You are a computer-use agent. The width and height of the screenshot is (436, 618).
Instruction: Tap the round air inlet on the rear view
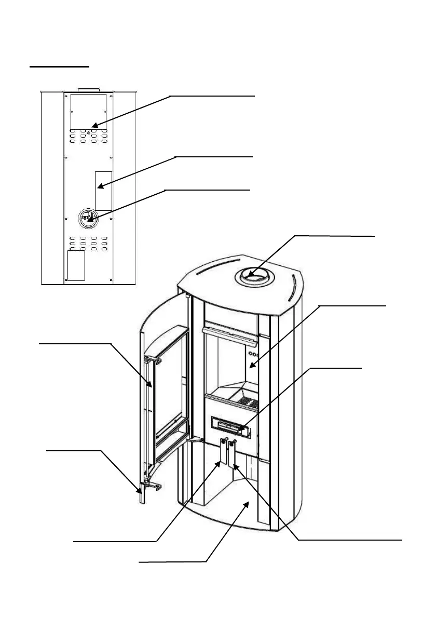click(88, 218)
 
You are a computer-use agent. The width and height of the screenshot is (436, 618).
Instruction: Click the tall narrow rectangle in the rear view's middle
click(103, 189)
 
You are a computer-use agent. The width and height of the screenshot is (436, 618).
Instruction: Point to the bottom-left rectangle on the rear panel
click(76, 266)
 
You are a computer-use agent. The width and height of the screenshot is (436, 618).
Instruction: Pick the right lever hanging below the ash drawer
click(232, 454)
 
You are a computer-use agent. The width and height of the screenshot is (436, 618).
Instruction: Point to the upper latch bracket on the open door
click(151, 358)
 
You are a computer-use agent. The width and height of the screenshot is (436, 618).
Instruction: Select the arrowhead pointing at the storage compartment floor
click(249, 503)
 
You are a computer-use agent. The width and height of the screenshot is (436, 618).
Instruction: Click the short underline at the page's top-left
click(59, 67)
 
